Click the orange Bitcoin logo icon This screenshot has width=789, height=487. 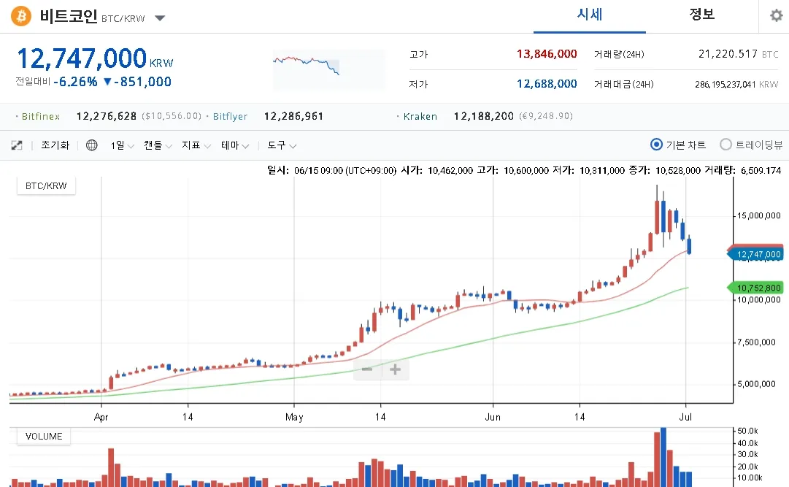click(x=21, y=15)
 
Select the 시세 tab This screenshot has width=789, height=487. click(x=590, y=15)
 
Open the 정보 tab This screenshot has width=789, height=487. click(x=702, y=15)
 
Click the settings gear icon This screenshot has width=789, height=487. click(x=776, y=15)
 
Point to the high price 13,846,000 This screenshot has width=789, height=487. click(x=547, y=54)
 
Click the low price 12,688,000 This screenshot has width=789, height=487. click(x=547, y=84)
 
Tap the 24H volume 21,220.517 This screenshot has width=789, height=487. click(x=728, y=54)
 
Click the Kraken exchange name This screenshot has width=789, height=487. click(x=420, y=116)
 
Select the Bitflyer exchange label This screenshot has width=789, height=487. click(x=230, y=116)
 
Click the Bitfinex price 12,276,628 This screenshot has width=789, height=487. click(x=107, y=116)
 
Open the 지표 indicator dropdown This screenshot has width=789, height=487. click(x=196, y=145)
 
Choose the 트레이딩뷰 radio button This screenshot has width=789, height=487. click(x=726, y=145)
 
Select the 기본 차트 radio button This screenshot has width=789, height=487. click(x=656, y=145)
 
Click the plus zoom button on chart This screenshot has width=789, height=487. click(x=395, y=369)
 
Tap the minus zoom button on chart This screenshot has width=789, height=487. click(x=368, y=369)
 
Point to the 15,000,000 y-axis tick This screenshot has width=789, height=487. click(x=759, y=215)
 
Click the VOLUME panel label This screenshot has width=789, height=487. click(x=44, y=437)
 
